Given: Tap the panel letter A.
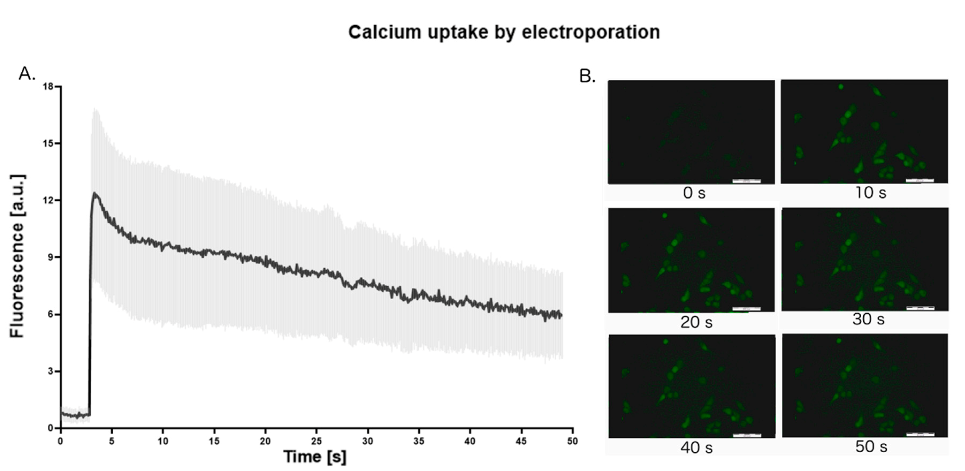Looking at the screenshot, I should click(26, 74).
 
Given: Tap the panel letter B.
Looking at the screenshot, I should click(587, 76).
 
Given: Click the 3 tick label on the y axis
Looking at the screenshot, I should click(50, 371).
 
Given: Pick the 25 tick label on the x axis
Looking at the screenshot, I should click(317, 441).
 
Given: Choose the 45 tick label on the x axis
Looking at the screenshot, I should click(521, 441).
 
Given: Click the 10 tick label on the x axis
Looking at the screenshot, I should click(163, 441).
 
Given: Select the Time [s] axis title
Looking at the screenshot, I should click(315, 457).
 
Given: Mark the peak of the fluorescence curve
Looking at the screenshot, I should click(95, 193).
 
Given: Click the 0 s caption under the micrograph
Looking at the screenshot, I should click(694, 193).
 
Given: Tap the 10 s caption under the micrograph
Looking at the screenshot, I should click(870, 193).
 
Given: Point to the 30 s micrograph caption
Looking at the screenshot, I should click(868, 319).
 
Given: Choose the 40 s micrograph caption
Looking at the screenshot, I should click(696, 448).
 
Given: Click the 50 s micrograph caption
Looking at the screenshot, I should click(871, 447).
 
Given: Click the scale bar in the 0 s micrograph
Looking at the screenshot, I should click(746, 181).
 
